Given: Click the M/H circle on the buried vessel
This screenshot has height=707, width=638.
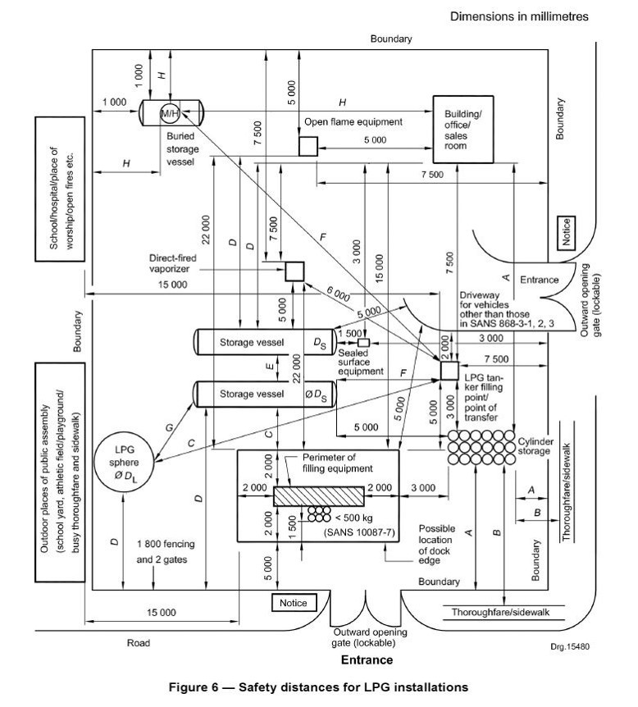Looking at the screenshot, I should pos(171,111).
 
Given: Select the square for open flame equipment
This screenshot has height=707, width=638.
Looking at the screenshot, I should pos(308,147).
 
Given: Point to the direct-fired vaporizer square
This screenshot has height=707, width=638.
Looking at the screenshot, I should pos(294,271).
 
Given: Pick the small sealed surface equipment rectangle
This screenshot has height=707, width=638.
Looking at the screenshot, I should pos(364,342).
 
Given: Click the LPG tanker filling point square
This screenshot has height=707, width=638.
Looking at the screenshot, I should pos(449,371).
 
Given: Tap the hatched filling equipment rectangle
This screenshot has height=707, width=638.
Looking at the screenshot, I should pos(317,496).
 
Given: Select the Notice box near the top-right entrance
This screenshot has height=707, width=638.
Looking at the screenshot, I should pos(566,229).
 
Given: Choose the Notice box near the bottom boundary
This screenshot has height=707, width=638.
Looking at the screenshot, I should pos(293,603).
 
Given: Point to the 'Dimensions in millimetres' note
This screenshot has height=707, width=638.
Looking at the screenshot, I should pos(518,16).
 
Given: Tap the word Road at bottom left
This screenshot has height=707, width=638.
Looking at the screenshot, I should pos(139,643).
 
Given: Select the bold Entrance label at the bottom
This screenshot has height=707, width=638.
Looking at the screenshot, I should pos(366,659).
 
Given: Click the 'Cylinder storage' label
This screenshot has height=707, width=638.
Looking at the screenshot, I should pos(537,447).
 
